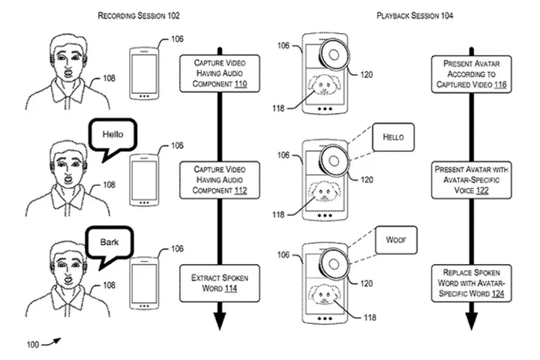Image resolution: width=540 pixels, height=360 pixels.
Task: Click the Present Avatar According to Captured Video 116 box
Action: coord(471,76)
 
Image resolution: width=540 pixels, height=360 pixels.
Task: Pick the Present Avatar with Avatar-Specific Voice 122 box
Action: coord(471,181)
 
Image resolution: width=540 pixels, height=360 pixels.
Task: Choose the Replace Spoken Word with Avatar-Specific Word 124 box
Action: coord(471,283)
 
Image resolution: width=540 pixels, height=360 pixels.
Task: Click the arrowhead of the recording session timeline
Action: coord(220,321)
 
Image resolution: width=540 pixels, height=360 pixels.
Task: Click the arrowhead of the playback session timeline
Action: coord(471,321)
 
